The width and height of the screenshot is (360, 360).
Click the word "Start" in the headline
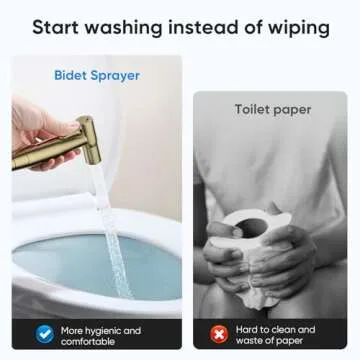click(55, 27)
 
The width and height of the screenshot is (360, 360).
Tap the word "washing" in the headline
click(123, 28)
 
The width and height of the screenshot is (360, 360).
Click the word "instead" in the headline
click(202, 27)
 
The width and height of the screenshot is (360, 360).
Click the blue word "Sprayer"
click(115, 77)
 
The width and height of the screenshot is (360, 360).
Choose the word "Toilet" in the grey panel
click(253, 109)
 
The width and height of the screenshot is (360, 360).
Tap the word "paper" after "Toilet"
click(292, 111)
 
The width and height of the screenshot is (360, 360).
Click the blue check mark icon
click(45, 334)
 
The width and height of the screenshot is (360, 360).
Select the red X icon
click(219, 334)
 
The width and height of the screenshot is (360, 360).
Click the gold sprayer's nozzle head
click(88, 139)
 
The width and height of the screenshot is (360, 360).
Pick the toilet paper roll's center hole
click(252, 227)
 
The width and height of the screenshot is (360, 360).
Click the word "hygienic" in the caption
click(102, 331)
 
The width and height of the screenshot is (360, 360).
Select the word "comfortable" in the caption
click(88, 342)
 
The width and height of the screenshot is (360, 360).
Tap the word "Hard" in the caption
click(247, 330)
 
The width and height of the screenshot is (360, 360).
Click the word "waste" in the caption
click(250, 341)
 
